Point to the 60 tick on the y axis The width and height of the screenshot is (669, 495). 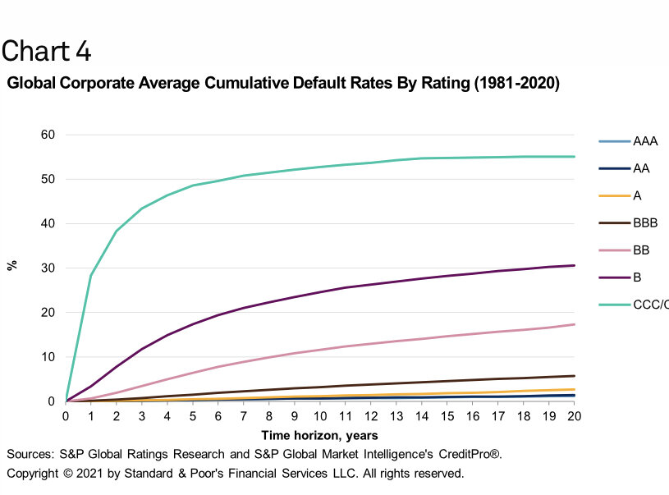tap(48, 135)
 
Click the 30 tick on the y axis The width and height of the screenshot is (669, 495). tap(48, 268)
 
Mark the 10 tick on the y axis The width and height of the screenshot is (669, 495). tap(48, 357)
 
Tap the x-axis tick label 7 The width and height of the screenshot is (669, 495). tap(244, 417)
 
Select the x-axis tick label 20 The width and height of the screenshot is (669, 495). tap(575, 417)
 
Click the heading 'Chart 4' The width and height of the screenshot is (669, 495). tap(46, 51)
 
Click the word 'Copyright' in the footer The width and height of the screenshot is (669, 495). tap(34, 474)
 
